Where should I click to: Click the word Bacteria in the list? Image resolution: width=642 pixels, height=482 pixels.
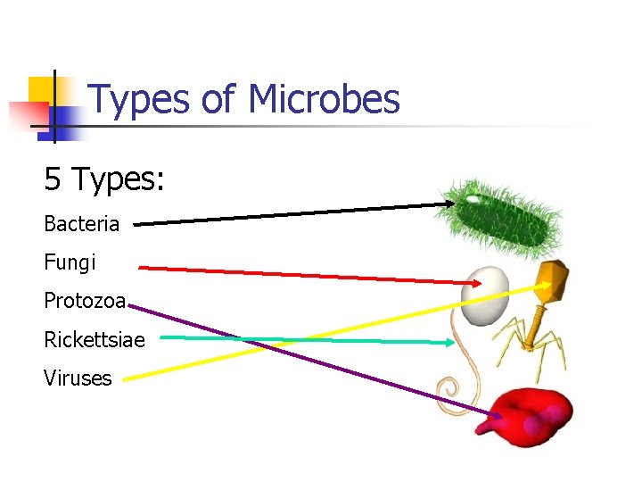(81, 224)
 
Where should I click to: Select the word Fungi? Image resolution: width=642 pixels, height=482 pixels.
(70, 263)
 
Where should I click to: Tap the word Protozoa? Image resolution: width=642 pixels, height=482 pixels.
(85, 302)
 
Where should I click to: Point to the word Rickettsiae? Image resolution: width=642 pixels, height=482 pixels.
(94, 340)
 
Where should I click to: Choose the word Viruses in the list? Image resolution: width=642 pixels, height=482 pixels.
(78, 378)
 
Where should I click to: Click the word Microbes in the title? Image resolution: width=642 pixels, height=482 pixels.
(325, 99)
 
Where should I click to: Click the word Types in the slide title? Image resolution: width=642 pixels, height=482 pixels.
(141, 100)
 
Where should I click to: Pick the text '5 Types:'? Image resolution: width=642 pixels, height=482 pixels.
(104, 179)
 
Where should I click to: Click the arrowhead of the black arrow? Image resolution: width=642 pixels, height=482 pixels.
(449, 204)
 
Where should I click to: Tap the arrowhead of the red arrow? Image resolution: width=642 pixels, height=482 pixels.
(476, 284)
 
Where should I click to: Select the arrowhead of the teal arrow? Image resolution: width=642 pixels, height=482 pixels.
(449, 341)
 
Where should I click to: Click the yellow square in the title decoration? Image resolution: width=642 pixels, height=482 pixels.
(42, 89)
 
